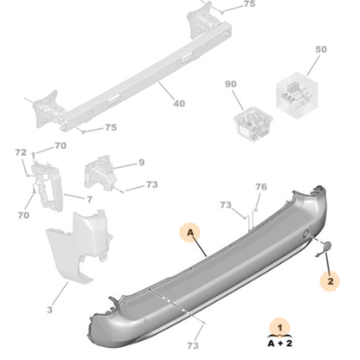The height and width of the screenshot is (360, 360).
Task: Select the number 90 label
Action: click(x=230, y=84)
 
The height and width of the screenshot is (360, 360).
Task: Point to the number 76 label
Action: click(x=260, y=187)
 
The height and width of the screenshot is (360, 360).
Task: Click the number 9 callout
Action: click(x=141, y=162)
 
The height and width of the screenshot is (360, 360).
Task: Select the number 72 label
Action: click(x=22, y=151)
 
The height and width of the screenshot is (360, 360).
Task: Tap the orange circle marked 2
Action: click(x=329, y=280)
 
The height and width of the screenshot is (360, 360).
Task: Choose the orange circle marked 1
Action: click(x=280, y=326)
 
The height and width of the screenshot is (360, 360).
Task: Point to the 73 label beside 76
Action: click(x=226, y=205)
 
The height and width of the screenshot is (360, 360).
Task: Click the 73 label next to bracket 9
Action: click(x=151, y=184)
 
